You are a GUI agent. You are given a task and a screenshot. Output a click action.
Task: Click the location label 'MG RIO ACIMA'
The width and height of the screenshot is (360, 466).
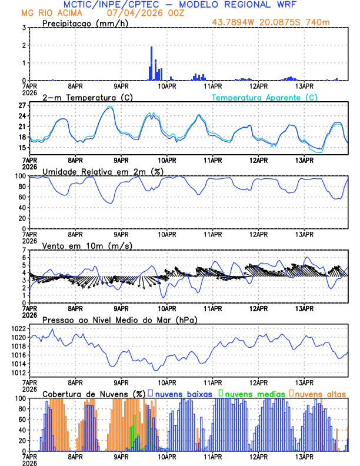click(x=48, y=13)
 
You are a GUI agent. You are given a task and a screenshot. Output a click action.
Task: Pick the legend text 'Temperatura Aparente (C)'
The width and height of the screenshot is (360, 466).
click(x=264, y=97)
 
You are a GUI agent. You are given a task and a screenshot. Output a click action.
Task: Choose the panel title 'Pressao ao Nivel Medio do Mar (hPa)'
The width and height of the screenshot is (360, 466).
click(x=119, y=319)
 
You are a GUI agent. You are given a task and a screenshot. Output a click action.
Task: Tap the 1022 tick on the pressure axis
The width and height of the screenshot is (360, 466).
click(x=18, y=328)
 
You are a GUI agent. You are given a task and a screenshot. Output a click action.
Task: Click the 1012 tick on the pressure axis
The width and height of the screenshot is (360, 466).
click(x=18, y=372)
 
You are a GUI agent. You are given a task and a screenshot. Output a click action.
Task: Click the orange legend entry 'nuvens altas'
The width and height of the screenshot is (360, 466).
click(x=319, y=393)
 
